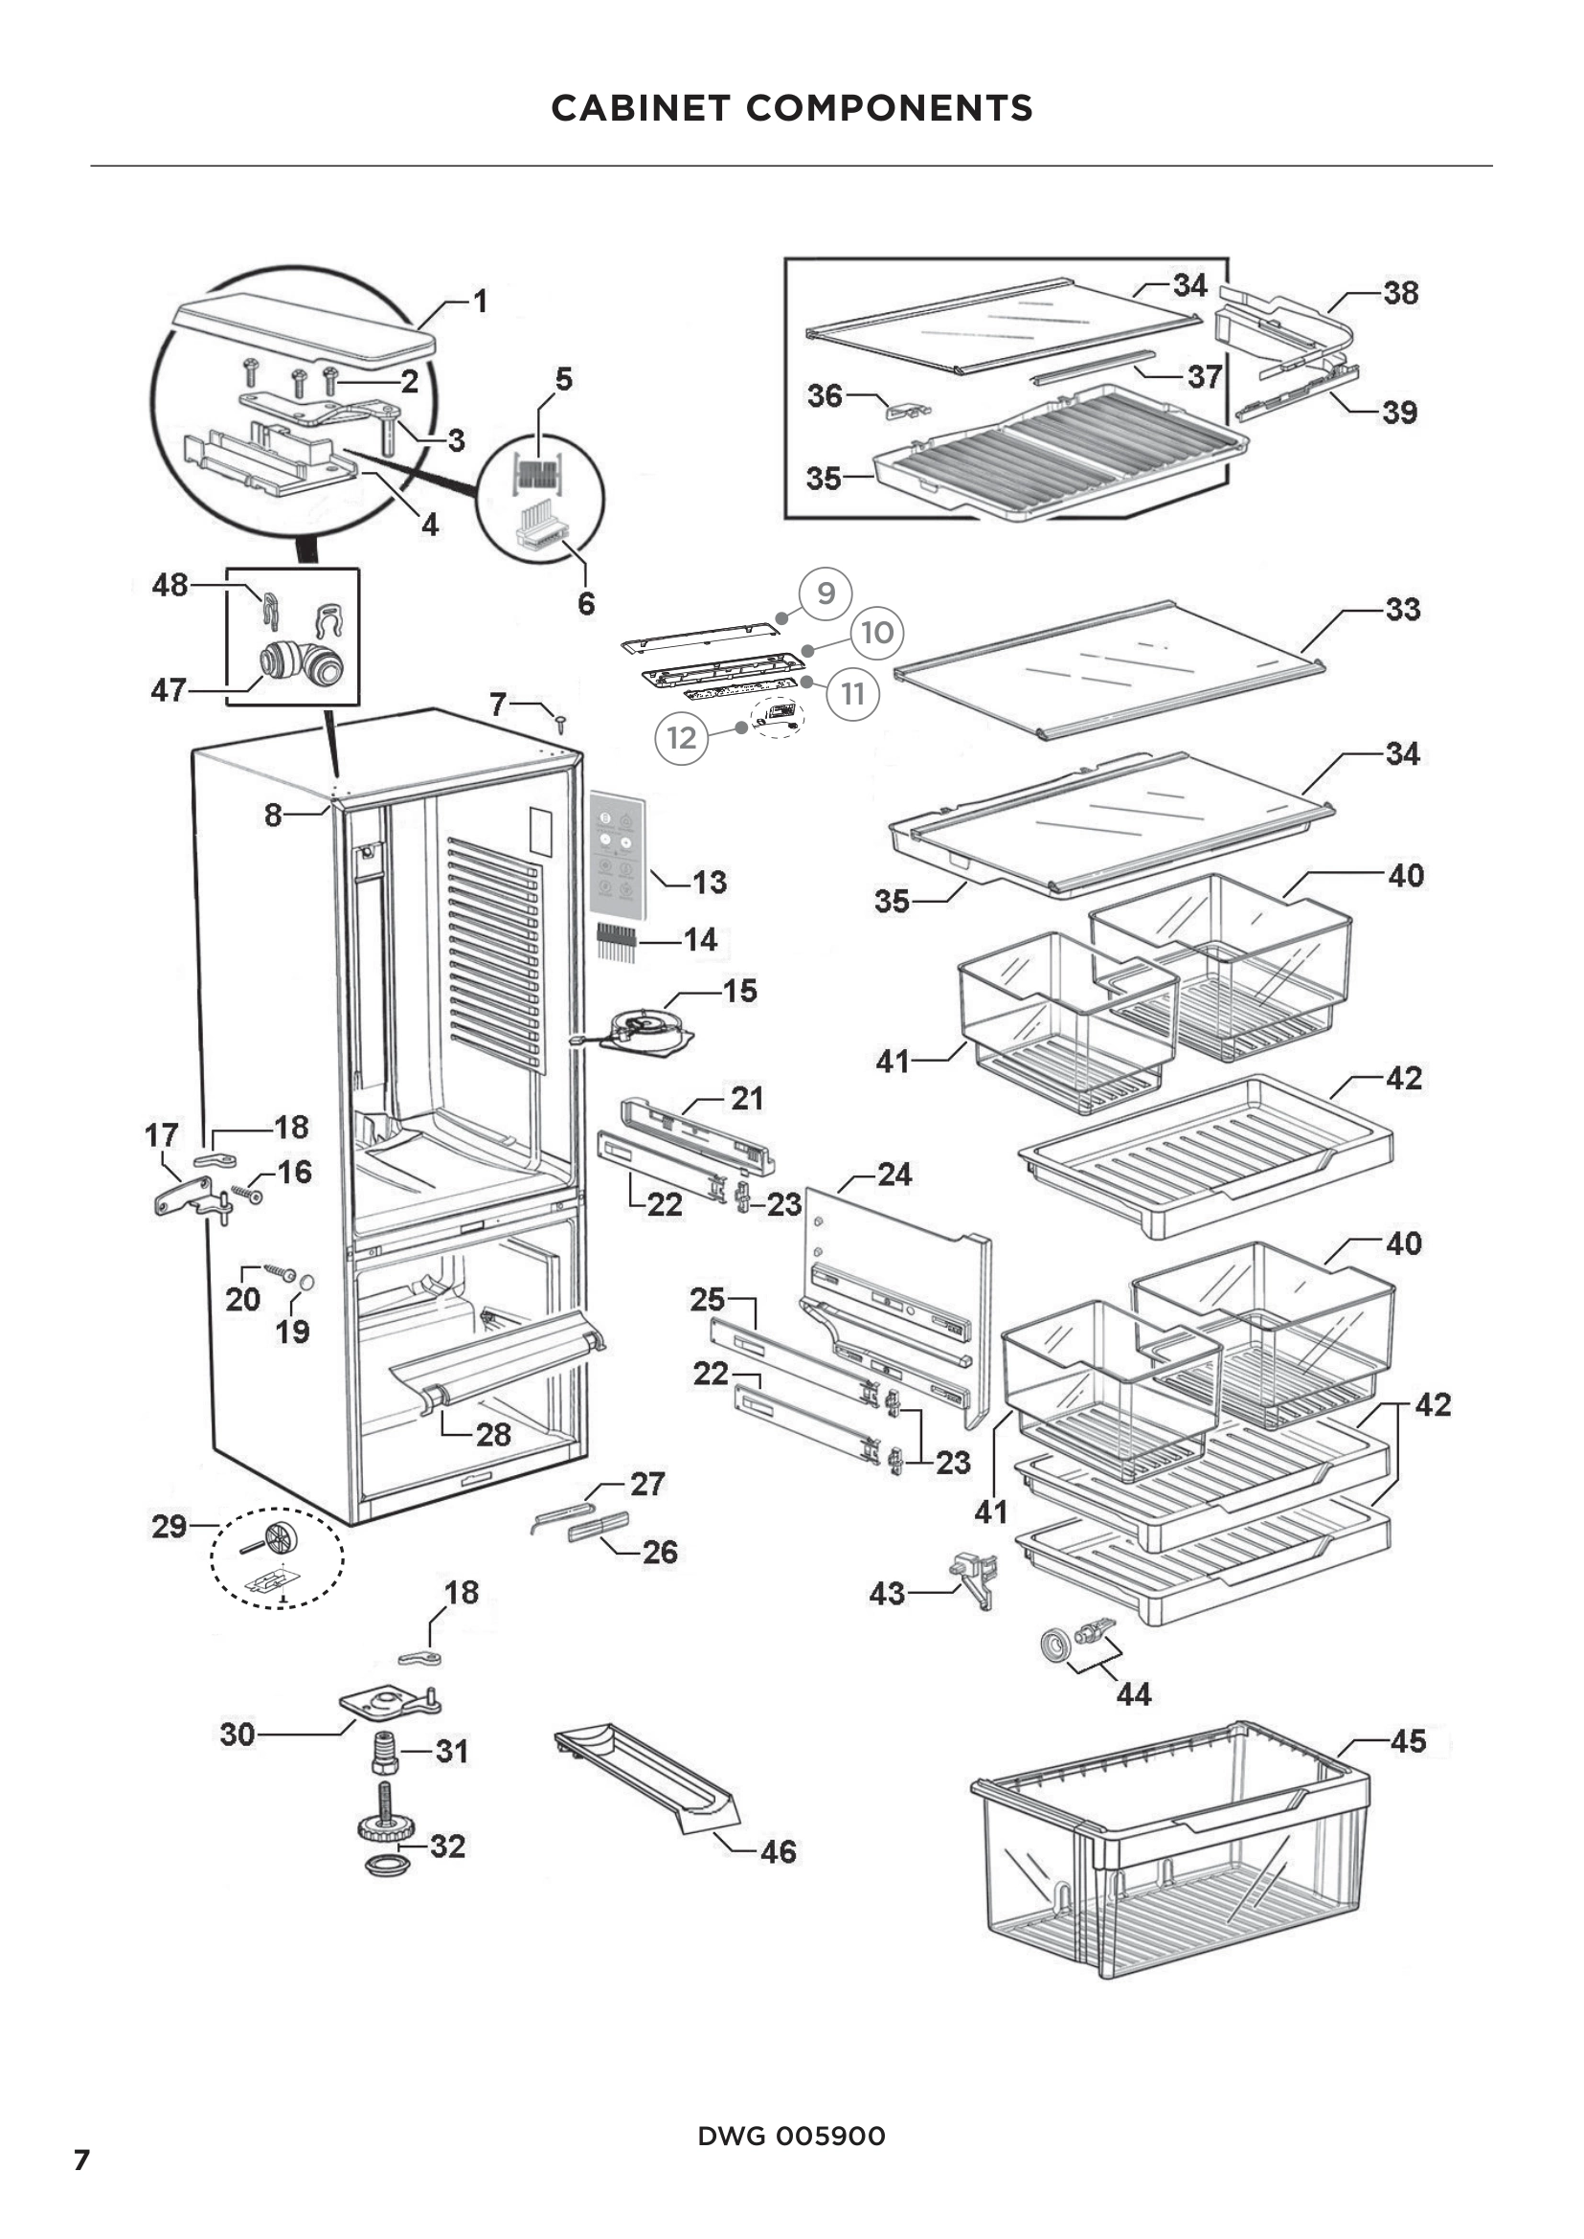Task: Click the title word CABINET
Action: pos(640,108)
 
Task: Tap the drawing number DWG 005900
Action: pos(791,2136)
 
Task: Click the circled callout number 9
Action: pos(826,593)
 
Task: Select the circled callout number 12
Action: pos(681,737)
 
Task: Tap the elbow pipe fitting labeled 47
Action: pos(303,662)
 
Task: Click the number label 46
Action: pos(778,1851)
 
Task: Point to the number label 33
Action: pos(1402,610)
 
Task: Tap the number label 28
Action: pos(493,1434)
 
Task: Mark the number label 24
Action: pos(894,1175)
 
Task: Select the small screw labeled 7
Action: pos(562,723)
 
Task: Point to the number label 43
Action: pos(887,1594)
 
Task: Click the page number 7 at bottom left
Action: pos(82,2159)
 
